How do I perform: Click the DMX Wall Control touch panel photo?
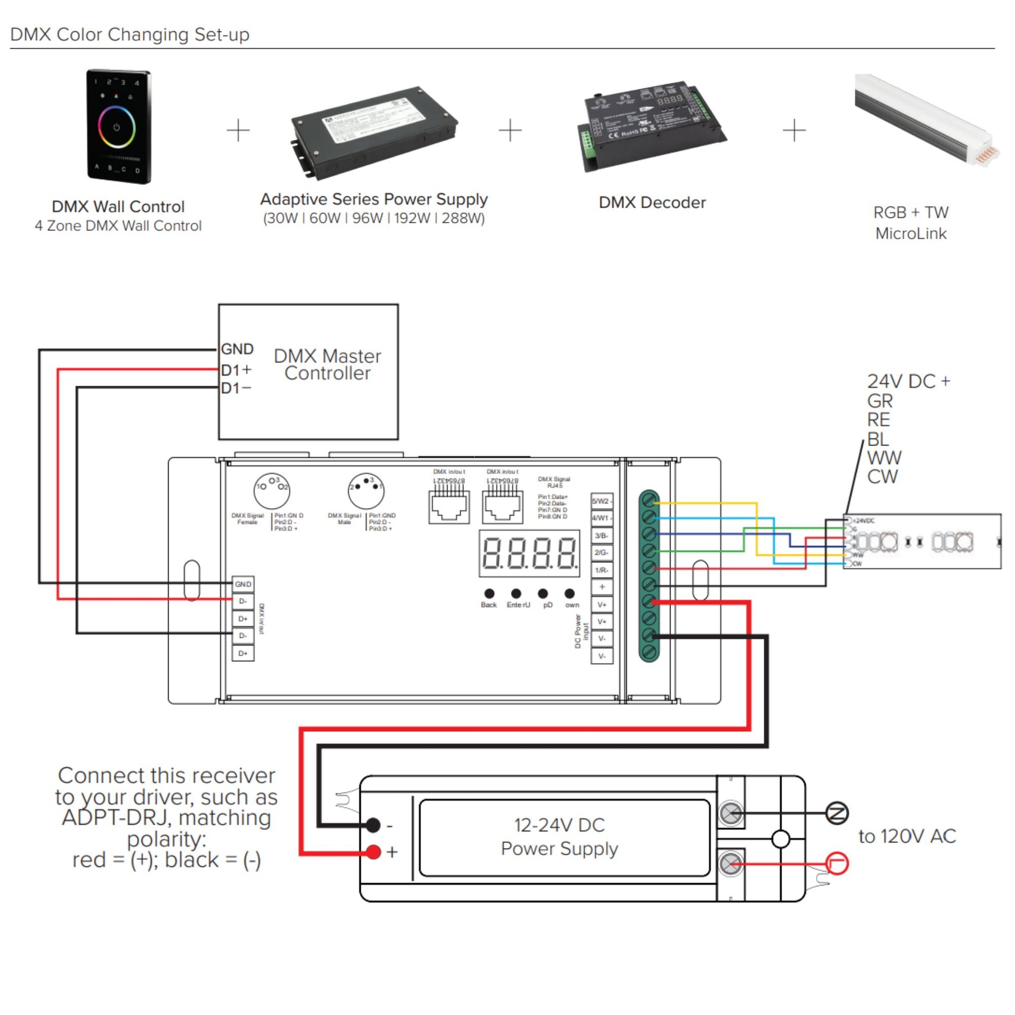tap(118, 127)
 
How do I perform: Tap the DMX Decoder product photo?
tap(651, 126)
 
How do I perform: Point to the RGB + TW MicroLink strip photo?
tap(926, 120)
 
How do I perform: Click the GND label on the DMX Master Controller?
tap(237, 349)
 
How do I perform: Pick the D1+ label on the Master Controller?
tap(236, 370)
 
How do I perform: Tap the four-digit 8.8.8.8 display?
tap(529, 554)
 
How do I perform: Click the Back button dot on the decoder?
tap(489, 594)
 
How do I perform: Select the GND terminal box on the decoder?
tap(243, 584)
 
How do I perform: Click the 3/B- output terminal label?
tap(601, 536)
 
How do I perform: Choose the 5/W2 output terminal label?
tap(601, 501)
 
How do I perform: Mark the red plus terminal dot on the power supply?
tap(373, 852)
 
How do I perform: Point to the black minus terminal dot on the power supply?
tap(373, 825)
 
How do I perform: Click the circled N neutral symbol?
tap(837, 813)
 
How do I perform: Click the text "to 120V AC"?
tap(907, 837)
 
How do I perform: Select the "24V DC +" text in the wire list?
tap(909, 381)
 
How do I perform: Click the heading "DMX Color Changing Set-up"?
tap(130, 34)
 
